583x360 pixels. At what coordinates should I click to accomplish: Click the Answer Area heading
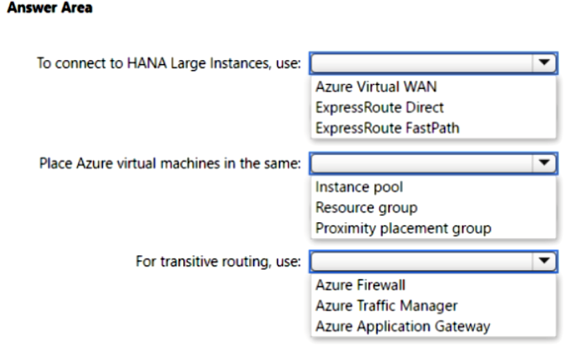click(x=50, y=8)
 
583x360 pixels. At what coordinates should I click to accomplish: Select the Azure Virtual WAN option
click(x=376, y=87)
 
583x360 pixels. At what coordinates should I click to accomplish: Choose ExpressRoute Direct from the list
click(x=379, y=108)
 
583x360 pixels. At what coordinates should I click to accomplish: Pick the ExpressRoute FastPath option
click(x=388, y=128)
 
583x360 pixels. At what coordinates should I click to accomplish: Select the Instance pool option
click(x=359, y=187)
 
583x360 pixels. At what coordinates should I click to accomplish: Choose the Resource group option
click(x=366, y=208)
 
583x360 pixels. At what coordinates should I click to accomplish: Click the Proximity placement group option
click(x=404, y=228)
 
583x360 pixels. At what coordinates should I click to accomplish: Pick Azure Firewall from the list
click(x=360, y=286)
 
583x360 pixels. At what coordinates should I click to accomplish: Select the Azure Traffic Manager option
click(x=386, y=306)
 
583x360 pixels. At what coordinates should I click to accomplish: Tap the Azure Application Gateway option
click(x=403, y=327)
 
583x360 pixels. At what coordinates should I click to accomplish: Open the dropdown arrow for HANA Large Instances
click(x=544, y=63)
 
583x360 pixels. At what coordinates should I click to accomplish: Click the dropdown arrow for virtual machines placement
click(x=544, y=163)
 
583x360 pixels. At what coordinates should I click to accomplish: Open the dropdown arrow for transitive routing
click(x=544, y=261)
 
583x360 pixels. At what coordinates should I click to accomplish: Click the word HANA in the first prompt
click(x=147, y=63)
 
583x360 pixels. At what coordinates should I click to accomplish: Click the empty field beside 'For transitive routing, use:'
click(x=422, y=261)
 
